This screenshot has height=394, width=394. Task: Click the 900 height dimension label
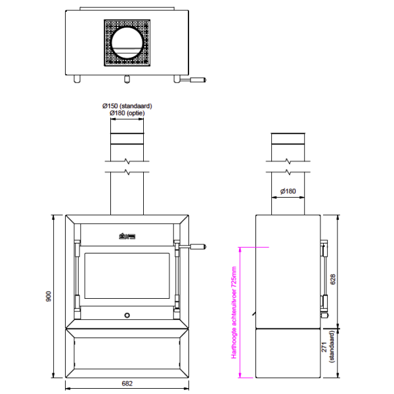point(49,297)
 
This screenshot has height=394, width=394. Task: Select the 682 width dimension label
point(128,383)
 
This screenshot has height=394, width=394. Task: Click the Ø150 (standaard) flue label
point(127,106)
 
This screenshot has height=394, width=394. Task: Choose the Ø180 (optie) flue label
point(127,114)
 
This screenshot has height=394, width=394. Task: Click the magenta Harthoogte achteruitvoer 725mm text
point(234,312)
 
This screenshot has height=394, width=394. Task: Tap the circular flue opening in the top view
point(128,43)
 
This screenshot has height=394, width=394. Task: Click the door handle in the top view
point(194,81)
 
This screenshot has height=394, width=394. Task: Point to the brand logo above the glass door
point(127,236)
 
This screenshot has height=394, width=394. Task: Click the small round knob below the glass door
point(127,316)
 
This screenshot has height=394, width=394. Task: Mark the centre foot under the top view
point(127,79)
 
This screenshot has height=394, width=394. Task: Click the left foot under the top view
point(77,79)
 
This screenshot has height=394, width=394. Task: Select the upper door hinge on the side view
point(323,250)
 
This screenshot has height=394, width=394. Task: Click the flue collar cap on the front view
point(127,139)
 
